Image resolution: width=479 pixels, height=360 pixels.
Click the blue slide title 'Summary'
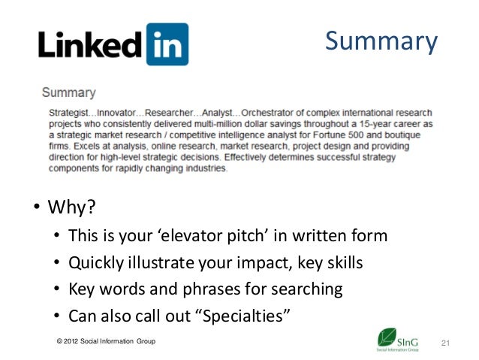(381, 42)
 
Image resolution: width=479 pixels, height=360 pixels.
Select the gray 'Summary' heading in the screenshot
(68, 93)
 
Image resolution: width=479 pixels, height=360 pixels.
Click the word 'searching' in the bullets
(307, 289)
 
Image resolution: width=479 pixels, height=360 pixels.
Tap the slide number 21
(444, 343)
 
